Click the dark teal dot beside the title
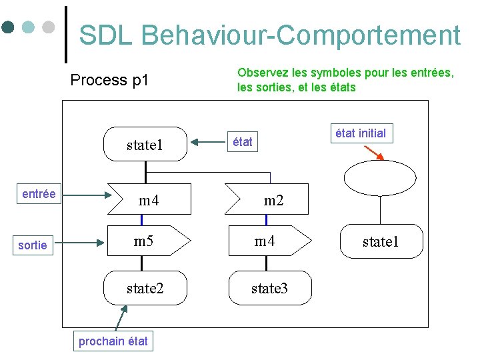coord(8,27)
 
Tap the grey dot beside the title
coord(48,27)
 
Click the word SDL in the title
coord(107,35)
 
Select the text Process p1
coord(109,81)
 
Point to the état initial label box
coord(361,133)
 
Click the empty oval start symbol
coord(379,177)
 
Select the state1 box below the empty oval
coord(380,241)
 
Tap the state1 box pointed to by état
coord(145,145)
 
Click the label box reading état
coord(242,142)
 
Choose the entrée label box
coord(39,193)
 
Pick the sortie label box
coord(33,245)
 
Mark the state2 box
coord(145,288)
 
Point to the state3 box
coord(269,288)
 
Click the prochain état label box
coord(113,341)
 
